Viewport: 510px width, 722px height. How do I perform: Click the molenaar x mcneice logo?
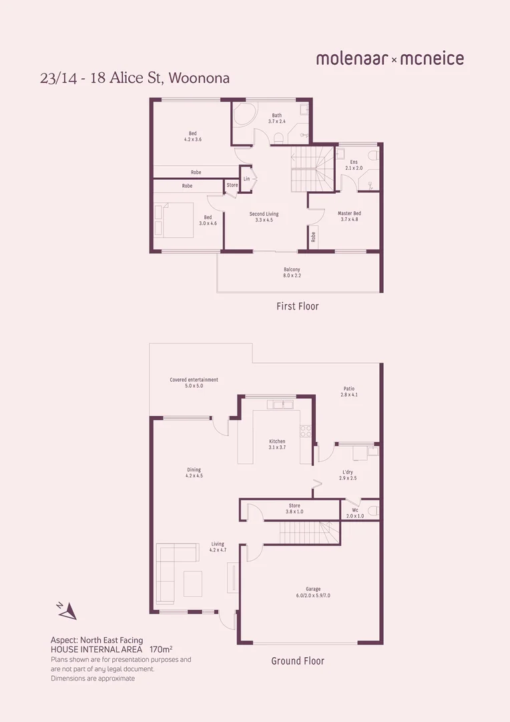[390, 59]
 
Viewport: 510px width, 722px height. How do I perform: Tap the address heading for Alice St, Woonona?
[135, 78]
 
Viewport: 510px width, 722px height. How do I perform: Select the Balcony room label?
[292, 273]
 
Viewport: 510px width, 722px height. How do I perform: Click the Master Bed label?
[349, 216]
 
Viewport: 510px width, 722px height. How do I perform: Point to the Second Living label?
[264, 217]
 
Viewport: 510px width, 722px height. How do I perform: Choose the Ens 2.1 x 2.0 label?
[354, 165]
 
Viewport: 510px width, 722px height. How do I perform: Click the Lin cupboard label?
[246, 178]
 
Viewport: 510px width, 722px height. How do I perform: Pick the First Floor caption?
[298, 306]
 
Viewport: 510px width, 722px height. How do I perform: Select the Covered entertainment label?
[194, 382]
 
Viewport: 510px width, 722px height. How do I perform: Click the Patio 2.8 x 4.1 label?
[349, 392]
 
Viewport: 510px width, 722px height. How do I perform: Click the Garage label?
[313, 592]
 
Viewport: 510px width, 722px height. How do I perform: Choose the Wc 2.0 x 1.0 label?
[355, 513]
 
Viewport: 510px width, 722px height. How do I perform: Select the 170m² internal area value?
[162, 649]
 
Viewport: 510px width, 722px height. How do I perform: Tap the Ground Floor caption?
[298, 661]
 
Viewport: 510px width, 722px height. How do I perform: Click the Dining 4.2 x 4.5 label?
[194, 473]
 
